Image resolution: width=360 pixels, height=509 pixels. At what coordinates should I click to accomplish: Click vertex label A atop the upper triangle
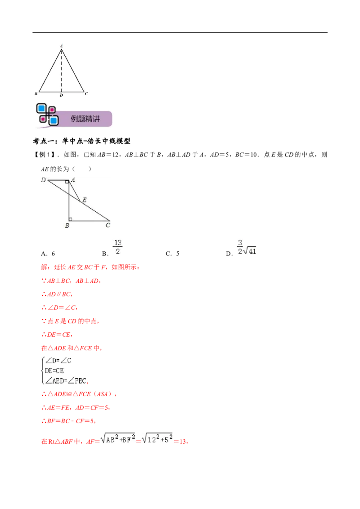click(x=61, y=46)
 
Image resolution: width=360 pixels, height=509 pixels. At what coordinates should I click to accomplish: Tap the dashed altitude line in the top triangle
click(x=61, y=71)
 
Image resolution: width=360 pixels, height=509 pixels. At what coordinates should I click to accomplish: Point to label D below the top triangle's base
click(x=61, y=95)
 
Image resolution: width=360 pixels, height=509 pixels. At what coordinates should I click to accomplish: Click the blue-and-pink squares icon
click(x=47, y=114)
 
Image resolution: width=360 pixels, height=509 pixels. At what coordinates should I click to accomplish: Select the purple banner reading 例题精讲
click(x=85, y=119)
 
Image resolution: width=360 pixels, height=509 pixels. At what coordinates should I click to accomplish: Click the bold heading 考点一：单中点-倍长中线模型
click(x=81, y=141)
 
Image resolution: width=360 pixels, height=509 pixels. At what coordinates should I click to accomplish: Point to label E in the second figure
click(x=85, y=200)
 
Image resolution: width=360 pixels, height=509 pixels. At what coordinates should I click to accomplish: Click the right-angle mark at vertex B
click(x=71, y=219)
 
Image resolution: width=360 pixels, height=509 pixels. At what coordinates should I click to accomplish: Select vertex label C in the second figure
click(x=108, y=225)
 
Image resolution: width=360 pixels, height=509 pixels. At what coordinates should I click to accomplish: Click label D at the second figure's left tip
click(x=44, y=180)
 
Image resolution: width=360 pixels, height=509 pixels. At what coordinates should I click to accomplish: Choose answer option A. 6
click(x=48, y=254)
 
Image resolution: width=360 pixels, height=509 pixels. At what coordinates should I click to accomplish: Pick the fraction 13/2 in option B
click(x=117, y=247)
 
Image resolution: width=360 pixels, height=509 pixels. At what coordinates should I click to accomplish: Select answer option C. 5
click(x=172, y=254)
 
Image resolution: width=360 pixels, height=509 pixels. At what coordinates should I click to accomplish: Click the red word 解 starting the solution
click(x=44, y=267)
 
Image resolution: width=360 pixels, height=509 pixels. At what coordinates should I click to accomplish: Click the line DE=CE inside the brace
click(x=54, y=371)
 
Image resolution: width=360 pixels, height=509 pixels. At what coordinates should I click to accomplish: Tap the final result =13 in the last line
click(x=181, y=441)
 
